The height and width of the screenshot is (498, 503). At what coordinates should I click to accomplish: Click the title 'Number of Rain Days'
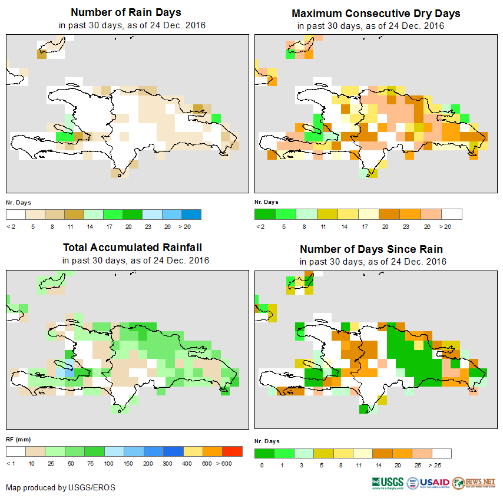[x=126, y=12]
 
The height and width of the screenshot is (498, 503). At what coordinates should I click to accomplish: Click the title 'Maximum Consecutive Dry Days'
[x=376, y=13]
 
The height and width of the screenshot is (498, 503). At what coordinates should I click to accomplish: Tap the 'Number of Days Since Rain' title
[x=371, y=249]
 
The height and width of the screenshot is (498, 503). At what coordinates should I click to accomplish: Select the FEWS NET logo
[x=474, y=483]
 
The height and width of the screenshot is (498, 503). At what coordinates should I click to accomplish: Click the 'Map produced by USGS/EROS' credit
[x=61, y=487]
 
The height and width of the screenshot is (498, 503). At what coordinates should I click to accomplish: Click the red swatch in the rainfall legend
[x=233, y=451]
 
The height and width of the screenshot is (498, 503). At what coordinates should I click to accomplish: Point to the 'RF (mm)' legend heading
[x=18, y=439]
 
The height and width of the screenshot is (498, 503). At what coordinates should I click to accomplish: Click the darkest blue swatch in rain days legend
[x=191, y=213]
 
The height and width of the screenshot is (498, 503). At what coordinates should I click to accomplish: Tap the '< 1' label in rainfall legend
[x=11, y=464]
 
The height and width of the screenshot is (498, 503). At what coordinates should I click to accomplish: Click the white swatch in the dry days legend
[x=452, y=214]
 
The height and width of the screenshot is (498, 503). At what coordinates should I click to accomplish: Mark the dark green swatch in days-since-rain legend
[x=264, y=453]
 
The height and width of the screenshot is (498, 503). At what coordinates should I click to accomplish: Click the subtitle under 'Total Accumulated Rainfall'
[x=135, y=260]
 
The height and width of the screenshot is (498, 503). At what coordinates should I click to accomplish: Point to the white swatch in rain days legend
[x=16, y=213]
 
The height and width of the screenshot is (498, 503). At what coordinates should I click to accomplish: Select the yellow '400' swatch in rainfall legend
[x=193, y=451]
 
